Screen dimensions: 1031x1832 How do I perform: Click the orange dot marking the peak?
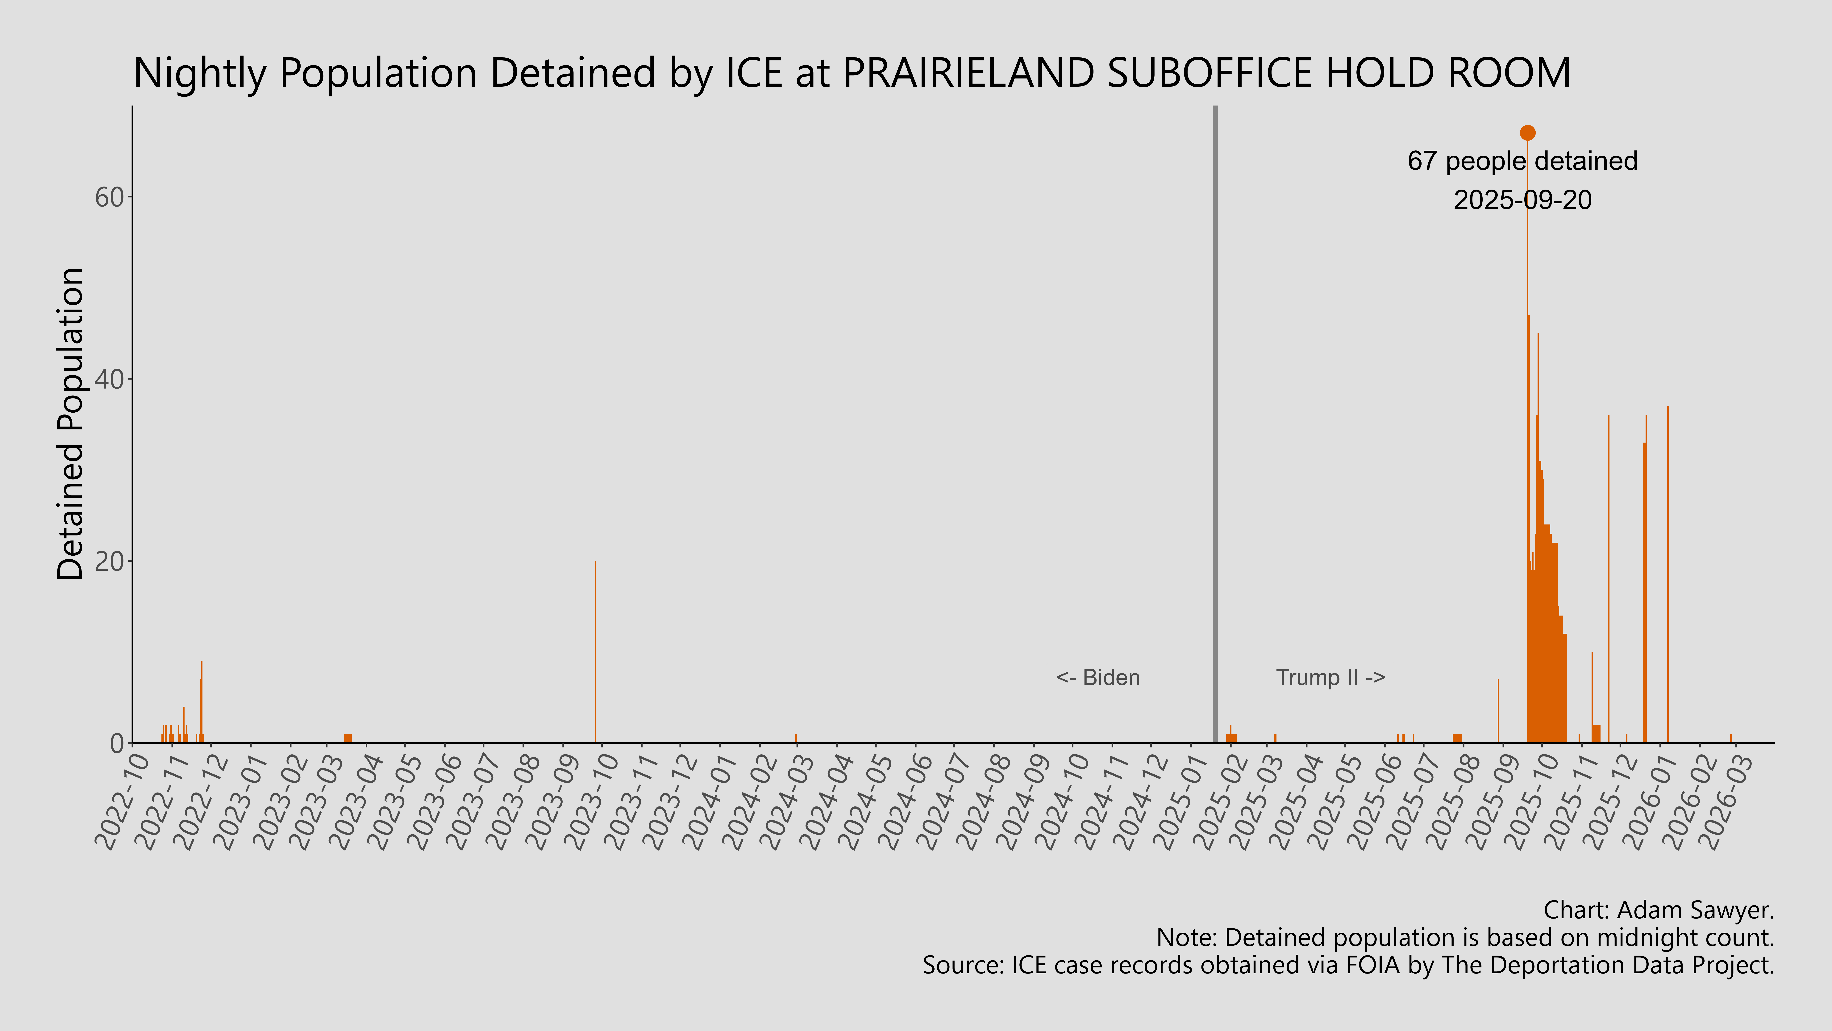(1527, 133)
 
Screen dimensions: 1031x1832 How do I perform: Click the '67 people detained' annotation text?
(1522, 162)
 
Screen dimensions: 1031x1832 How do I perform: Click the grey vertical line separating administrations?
(1215, 427)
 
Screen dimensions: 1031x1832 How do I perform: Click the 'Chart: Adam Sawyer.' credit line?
(1659, 910)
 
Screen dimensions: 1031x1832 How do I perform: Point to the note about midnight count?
(1465, 938)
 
